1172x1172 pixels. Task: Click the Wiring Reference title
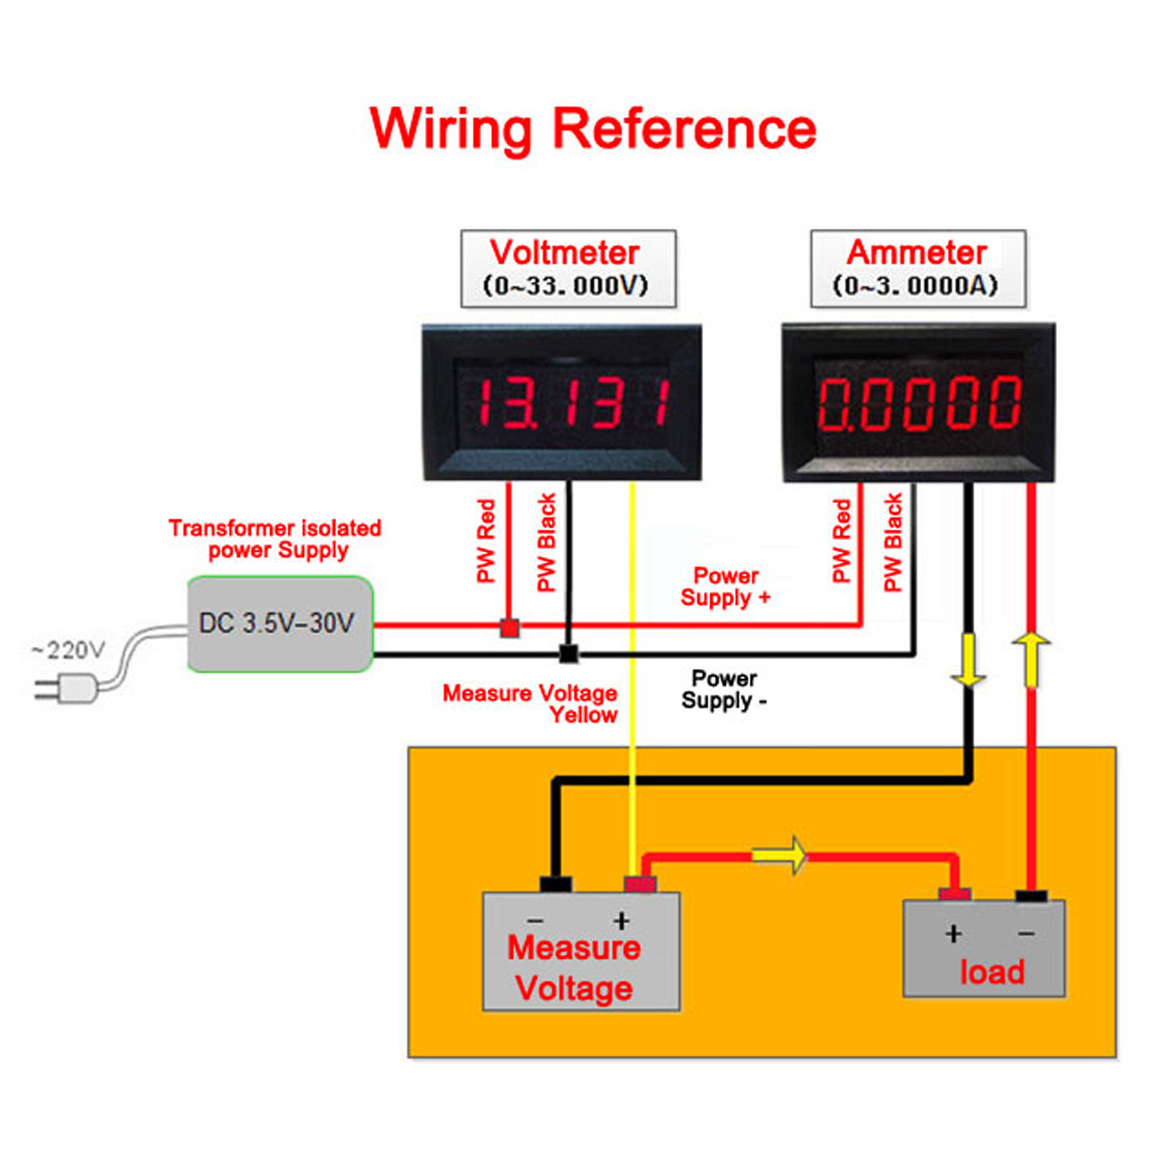point(593,128)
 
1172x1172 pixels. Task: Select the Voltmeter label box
point(568,268)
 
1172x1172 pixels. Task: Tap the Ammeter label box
point(917,268)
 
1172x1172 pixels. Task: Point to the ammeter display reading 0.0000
point(919,402)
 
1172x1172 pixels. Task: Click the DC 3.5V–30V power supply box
point(280,624)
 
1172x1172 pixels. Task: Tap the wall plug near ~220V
point(70,689)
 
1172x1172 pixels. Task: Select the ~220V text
point(68,650)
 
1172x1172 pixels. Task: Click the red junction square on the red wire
point(509,627)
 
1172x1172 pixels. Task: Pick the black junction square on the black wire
point(569,654)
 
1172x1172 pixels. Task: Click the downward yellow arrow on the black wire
point(969,661)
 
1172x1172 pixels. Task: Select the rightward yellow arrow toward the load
point(781,856)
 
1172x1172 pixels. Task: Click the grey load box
point(984,949)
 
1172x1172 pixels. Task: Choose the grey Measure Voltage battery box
point(581,952)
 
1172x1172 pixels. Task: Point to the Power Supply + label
point(725,587)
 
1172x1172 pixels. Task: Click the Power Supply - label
point(724,689)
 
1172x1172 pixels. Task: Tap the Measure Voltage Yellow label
point(531,703)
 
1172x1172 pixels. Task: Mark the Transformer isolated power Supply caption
point(275,539)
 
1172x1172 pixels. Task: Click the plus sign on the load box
point(953,934)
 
